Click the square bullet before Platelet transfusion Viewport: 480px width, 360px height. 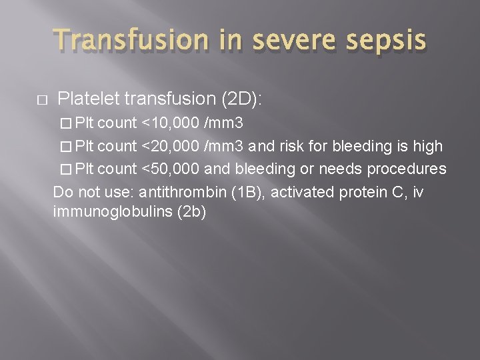(x=41, y=100)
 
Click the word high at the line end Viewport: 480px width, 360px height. (x=427, y=146)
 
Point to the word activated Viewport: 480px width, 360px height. (x=299, y=193)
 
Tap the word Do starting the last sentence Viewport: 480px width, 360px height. (x=61, y=193)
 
